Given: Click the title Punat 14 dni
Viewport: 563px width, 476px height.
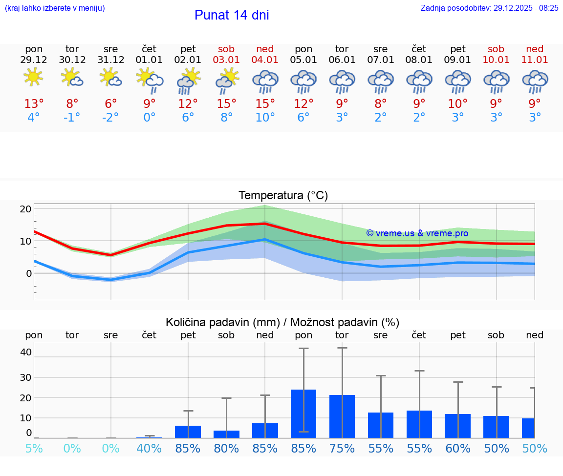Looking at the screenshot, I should tap(232, 15).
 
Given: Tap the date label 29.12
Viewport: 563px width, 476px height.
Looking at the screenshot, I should tap(34, 60).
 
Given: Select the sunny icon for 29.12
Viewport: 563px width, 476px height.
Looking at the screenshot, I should tap(33, 77).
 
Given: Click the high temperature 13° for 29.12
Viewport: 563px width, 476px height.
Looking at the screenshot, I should tap(34, 103).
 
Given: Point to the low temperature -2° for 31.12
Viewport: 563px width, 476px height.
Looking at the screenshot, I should tap(110, 118).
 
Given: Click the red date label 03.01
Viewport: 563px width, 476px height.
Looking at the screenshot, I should tap(226, 60).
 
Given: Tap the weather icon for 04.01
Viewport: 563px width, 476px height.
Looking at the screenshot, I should tap(265, 81).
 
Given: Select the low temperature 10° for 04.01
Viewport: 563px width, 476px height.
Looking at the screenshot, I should tap(265, 118).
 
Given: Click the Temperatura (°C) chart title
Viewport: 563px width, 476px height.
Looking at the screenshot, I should tap(283, 195).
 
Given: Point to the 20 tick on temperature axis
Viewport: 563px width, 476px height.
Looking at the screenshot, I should tap(25, 209).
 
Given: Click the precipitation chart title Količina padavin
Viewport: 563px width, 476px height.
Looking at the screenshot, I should tap(282, 322).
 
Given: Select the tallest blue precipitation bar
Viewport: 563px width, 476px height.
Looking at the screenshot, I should tap(303, 414).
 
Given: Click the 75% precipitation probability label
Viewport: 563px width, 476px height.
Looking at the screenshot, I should tap(342, 448).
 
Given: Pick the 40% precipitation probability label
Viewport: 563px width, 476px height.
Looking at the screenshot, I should tap(149, 448).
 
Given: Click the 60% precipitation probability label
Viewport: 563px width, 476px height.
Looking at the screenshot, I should tap(458, 448).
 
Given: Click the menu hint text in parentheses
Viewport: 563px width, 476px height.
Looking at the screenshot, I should tap(54, 8).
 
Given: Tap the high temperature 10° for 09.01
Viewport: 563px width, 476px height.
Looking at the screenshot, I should tap(458, 103).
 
